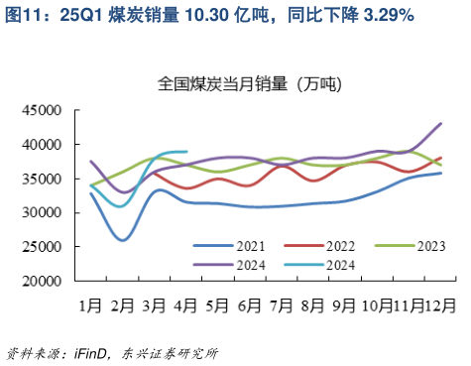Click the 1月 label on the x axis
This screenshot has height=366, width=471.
[x=90, y=305]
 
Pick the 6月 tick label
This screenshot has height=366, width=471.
[x=249, y=305]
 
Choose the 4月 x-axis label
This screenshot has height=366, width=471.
[x=185, y=305]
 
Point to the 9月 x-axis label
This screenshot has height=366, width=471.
[x=344, y=305]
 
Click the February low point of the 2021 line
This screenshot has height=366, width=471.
[x=123, y=240]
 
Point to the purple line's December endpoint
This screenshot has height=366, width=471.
[x=441, y=123]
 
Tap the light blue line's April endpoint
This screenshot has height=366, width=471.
[x=186, y=152]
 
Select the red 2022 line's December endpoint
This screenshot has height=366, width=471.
[x=441, y=158]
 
